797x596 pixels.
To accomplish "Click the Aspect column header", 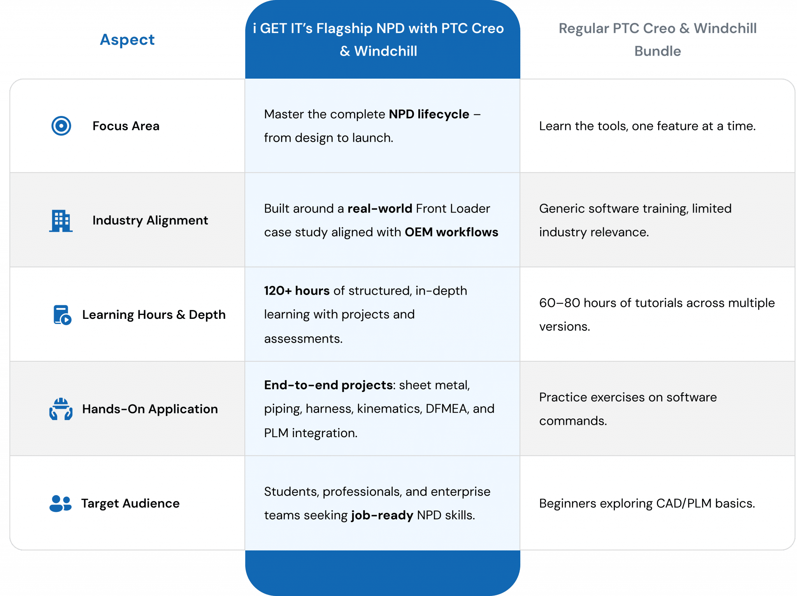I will pos(127,40).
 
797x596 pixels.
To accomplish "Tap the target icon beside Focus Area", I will pos(61,126).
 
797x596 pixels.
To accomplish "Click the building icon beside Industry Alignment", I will pos(61,221).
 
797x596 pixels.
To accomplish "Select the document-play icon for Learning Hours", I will pos(62,315).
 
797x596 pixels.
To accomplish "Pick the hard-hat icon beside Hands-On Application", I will pos(61,409).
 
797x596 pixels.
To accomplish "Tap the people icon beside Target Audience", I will pos(60,503).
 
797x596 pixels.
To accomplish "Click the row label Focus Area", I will pos(126,126).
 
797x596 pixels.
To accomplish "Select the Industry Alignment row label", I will pos(150,220).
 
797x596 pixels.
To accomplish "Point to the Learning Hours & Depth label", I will pos(154,315).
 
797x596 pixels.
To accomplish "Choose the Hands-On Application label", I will pos(150,409).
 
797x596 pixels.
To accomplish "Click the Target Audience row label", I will pos(130,503).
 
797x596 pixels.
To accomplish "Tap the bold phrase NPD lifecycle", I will pos(429,114).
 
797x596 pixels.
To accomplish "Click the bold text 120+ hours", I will pos(297,291).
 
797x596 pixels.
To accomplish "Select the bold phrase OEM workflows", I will pos(451,232).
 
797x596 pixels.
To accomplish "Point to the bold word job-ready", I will pos(382,515).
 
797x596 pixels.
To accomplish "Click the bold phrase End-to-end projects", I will pos(328,385).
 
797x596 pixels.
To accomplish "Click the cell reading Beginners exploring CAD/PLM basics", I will pos(647,503).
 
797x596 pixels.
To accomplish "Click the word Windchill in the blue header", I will pos(385,51).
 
